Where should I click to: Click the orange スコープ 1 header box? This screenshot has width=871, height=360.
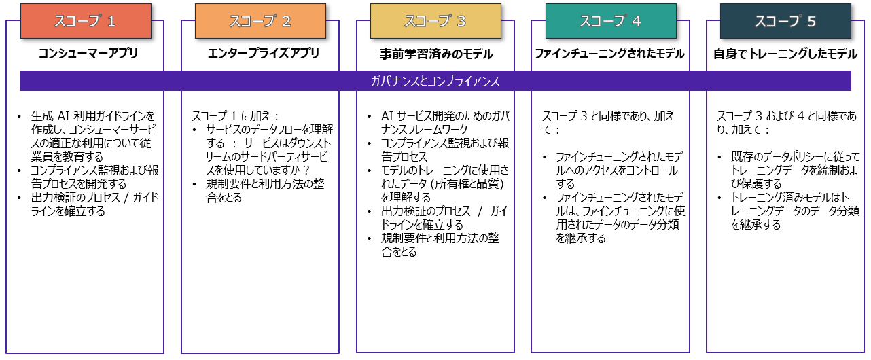85,21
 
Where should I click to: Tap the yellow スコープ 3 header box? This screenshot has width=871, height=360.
435,21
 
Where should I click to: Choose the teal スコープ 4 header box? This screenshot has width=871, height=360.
610,21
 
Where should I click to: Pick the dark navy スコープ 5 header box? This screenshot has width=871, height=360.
785,21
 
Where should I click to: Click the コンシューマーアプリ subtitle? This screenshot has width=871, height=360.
88,54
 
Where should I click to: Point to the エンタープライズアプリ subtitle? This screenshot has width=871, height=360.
263,54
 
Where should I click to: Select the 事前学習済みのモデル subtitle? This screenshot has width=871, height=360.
435,54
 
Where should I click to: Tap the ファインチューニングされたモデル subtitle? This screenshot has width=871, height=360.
609,54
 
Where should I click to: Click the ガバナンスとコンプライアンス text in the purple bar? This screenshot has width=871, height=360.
435,82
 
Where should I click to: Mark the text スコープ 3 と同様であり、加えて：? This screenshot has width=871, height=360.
608,122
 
